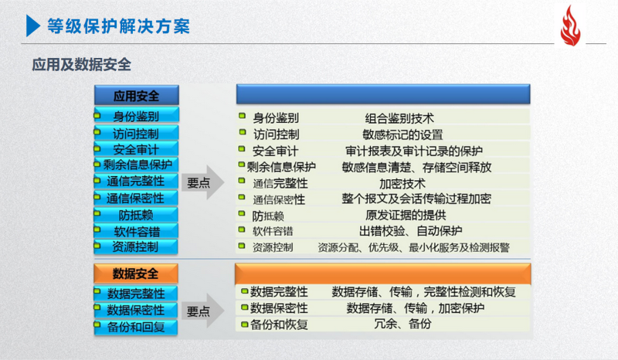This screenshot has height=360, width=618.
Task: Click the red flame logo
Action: point(570,26)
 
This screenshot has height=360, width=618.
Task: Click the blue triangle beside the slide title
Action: point(33,25)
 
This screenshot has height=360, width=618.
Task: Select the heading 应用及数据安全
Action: point(82,64)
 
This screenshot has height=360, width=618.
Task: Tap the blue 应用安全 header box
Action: point(137,95)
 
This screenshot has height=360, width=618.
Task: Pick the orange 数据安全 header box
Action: point(136,273)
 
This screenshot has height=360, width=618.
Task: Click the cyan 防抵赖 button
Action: point(136,215)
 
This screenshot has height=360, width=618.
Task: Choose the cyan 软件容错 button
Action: point(136,231)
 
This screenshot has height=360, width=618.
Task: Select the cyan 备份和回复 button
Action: point(136,328)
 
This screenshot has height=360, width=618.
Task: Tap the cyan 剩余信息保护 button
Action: point(136,165)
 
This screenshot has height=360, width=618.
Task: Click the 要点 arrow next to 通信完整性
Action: point(202,182)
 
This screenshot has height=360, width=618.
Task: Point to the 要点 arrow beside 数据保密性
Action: point(202,311)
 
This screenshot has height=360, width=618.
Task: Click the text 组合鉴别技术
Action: point(399,118)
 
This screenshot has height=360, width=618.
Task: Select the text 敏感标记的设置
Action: point(402,134)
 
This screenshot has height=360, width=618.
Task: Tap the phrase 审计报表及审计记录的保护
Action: point(414,151)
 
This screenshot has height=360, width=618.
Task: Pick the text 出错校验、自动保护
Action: point(411,231)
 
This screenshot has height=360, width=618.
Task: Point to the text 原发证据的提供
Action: point(406,215)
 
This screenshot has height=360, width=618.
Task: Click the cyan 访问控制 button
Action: point(136,134)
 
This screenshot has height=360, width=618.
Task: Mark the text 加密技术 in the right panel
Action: point(402,184)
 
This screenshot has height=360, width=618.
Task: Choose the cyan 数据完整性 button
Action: point(136,294)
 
